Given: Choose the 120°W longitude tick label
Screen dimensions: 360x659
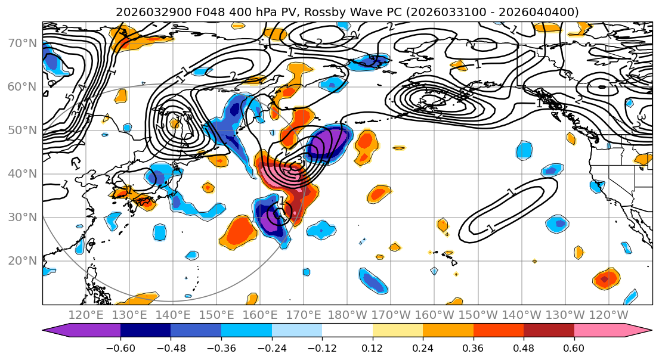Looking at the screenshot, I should coord(608,314).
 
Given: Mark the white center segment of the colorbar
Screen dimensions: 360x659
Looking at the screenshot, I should coord(347,330).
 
